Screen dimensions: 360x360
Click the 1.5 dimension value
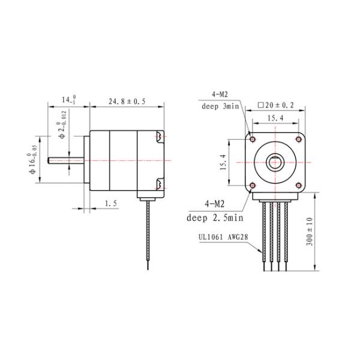tap(110, 203)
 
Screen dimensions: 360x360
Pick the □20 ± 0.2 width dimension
tap(276, 104)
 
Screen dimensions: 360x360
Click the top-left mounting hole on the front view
tap(253, 139)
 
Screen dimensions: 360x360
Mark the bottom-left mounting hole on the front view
tap(253, 185)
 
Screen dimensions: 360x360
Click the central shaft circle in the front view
tap(275, 162)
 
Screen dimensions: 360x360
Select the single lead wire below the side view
tap(148, 234)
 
